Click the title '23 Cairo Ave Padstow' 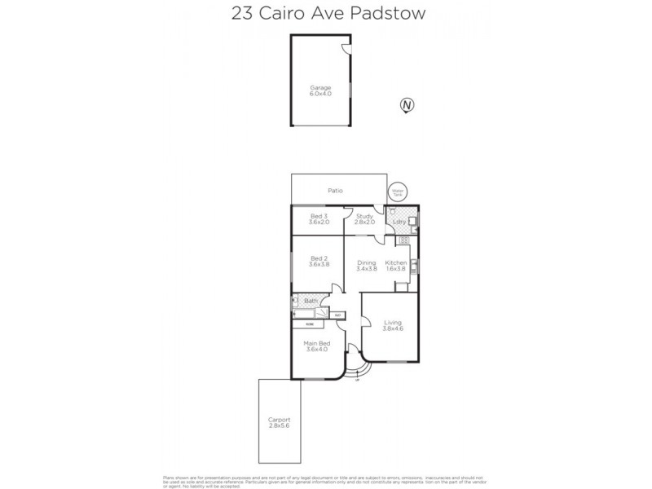click(326, 14)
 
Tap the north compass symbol click(406, 104)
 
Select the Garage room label click(320, 90)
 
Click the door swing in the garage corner click(346, 47)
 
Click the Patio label click(335, 191)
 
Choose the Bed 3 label click(318, 219)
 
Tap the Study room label click(363, 219)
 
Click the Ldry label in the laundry click(399, 222)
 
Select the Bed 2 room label click(318, 262)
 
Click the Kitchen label click(396, 266)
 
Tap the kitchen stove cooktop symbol click(401, 241)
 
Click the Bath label click(311, 302)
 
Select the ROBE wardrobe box click(311, 324)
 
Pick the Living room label click(393, 326)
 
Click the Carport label click(279, 422)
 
